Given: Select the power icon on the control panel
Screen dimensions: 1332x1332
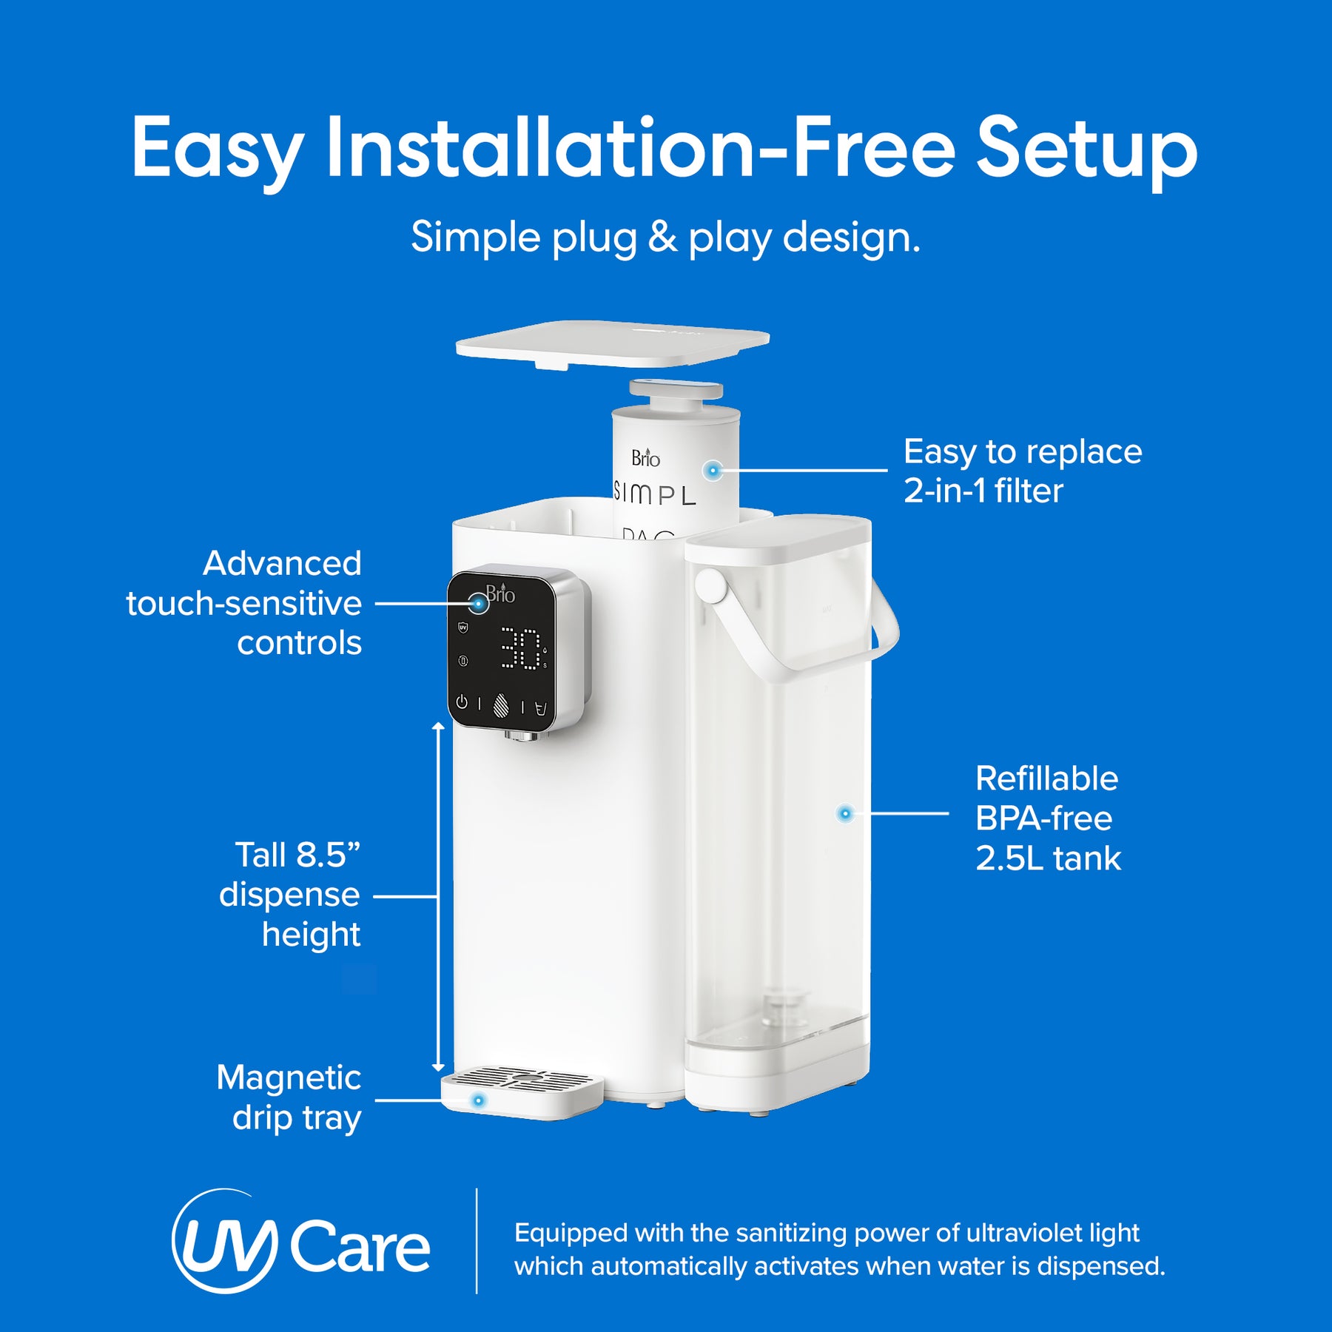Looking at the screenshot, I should point(462,702).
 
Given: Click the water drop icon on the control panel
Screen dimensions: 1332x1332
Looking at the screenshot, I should point(501,704).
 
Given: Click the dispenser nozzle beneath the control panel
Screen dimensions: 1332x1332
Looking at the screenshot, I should point(526,735).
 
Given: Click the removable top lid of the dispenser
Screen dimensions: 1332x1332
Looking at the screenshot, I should point(613,342).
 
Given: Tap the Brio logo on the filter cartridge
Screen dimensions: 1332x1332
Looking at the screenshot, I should point(645,458).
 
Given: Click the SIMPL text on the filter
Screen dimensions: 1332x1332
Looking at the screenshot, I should point(656,494).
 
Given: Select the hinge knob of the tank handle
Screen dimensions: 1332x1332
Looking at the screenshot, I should point(710,585).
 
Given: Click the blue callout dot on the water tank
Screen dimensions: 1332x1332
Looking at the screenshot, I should point(845,813).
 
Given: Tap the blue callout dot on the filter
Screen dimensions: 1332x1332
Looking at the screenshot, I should point(713,470).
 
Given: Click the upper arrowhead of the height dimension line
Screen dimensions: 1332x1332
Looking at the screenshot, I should point(438,727).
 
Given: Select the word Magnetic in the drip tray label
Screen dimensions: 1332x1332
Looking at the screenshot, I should point(289,1077).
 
